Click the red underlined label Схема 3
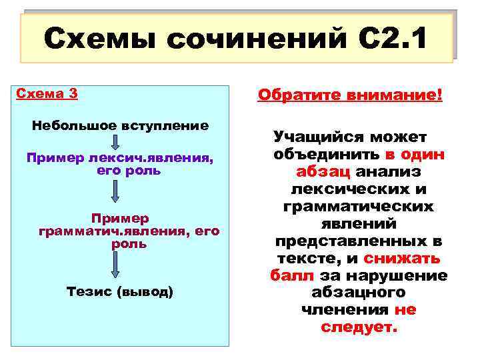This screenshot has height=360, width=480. (46, 93)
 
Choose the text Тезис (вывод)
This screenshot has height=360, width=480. (120, 291)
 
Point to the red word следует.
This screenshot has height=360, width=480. (359, 327)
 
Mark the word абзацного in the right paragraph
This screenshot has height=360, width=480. (359, 293)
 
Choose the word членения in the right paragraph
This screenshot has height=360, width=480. (345, 310)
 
